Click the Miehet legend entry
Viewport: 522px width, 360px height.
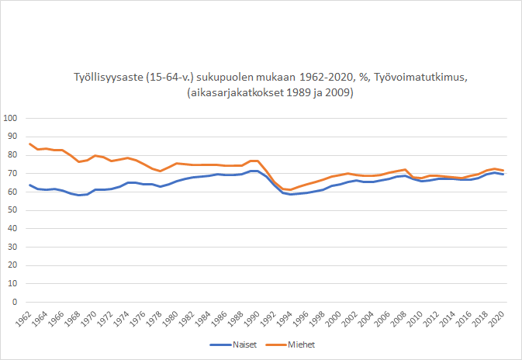click(303, 344)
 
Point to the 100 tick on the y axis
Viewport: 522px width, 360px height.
click(11, 119)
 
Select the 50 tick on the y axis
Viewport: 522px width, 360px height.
click(13, 209)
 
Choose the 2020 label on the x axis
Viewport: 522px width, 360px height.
click(499, 318)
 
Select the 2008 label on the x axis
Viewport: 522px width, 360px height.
click(402, 318)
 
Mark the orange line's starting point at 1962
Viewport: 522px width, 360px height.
click(29, 144)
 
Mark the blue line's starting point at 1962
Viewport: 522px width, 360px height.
click(29, 185)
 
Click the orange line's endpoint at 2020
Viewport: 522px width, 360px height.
click(503, 171)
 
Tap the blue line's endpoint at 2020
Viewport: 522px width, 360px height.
click(503, 175)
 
